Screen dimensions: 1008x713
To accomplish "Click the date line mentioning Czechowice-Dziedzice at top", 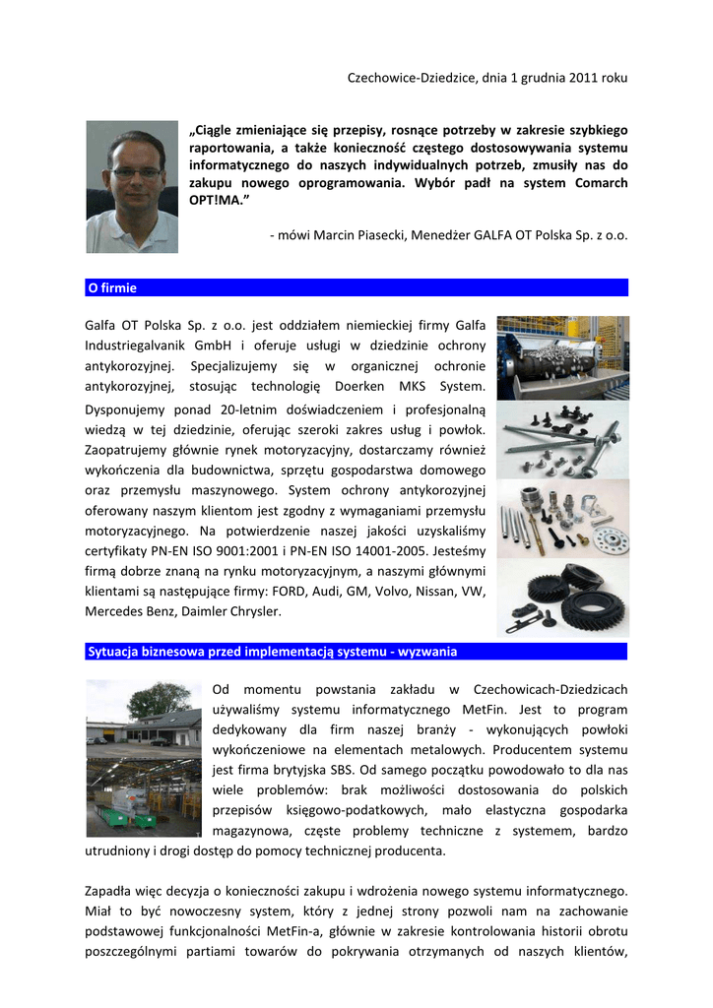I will click(x=487, y=77).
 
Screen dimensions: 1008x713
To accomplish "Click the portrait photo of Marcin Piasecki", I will click(x=132, y=186).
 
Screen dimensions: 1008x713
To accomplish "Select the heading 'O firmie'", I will click(x=112, y=288).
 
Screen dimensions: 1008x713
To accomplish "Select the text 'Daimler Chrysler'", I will click(x=233, y=612).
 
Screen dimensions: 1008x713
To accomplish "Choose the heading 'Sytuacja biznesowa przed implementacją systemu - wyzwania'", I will click(x=272, y=652).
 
